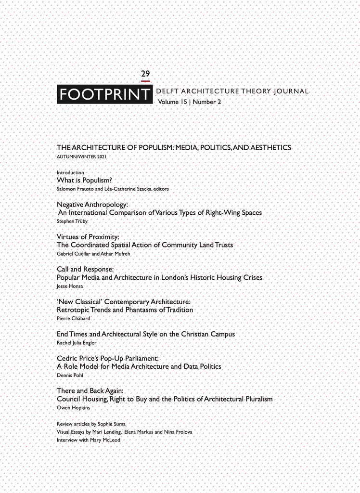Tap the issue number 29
click(x=145, y=74)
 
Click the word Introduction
click(x=70, y=172)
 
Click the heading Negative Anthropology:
click(x=92, y=205)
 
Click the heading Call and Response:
click(x=85, y=270)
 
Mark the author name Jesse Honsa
click(x=70, y=286)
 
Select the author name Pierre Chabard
click(x=73, y=318)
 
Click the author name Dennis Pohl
click(x=70, y=375)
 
